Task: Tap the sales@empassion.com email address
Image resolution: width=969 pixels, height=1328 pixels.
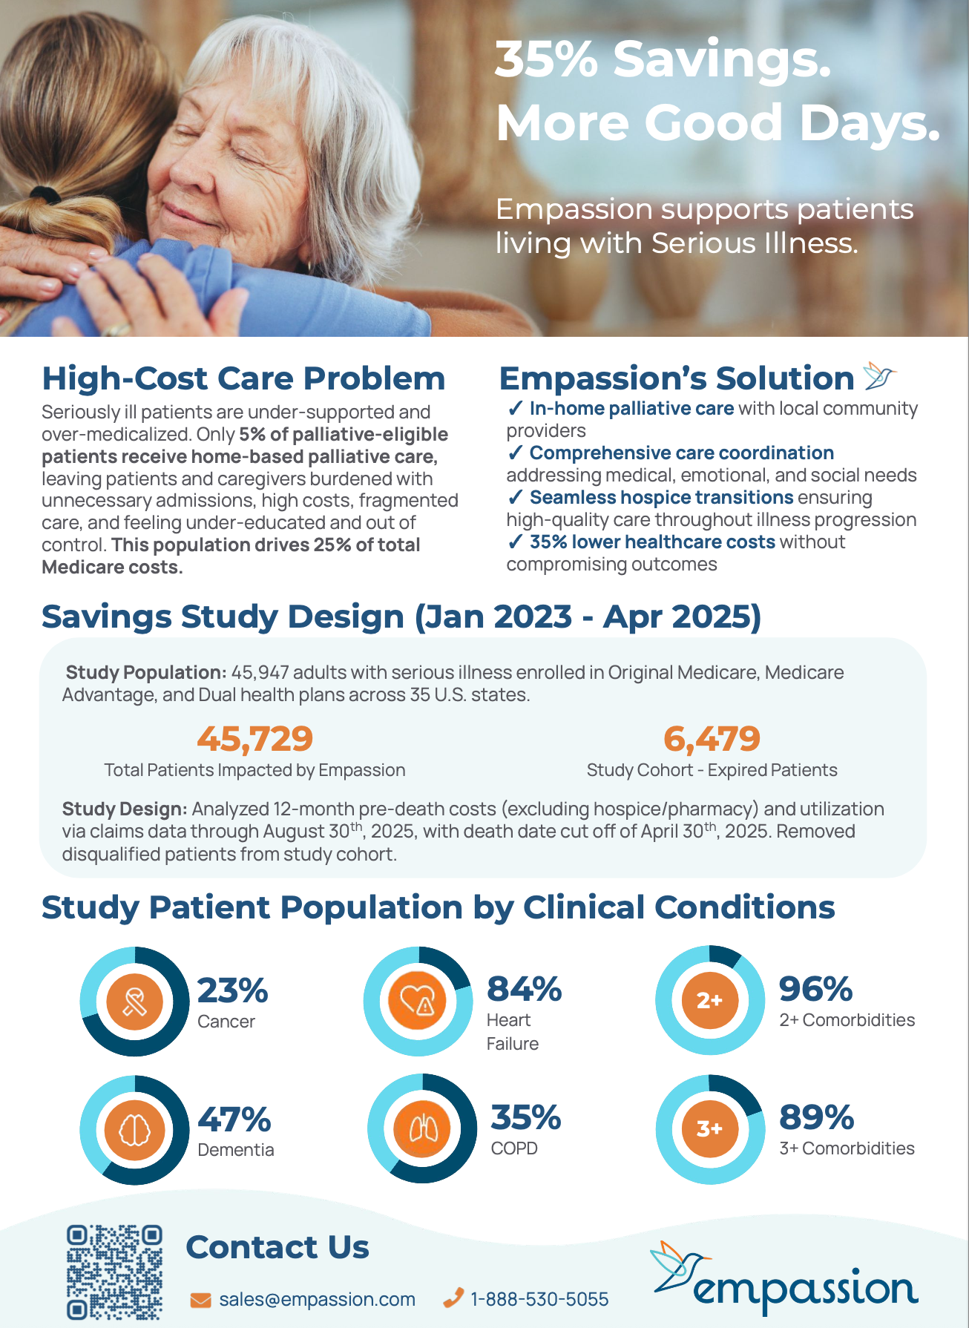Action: click(317, 1299)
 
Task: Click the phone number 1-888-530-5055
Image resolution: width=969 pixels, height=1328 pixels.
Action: click(539, 1299)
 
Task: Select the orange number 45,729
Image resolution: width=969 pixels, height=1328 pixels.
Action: click(254, 738)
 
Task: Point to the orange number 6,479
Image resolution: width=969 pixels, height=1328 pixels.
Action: click(712, 738)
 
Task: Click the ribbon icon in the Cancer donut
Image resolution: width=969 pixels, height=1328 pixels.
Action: click(134, 1002)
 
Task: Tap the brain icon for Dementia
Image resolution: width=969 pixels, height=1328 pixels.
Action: click(134, 1131)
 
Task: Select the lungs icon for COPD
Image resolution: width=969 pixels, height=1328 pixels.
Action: click(423, 1130)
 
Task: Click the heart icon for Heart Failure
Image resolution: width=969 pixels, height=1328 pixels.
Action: click(418, 1001)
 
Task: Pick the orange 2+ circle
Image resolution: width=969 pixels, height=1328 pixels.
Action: click(709, 1000)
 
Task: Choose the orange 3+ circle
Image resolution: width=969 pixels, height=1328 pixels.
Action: click(709, 1128)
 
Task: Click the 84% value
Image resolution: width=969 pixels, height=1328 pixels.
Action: click(524, 989)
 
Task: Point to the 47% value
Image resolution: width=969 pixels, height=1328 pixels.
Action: click(234, 1120)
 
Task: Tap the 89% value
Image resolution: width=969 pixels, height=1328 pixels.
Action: click(816, 1117)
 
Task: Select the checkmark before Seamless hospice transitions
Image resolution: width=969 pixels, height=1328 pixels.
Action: click(516, 497)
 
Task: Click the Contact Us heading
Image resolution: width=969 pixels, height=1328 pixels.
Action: click(277, 1247)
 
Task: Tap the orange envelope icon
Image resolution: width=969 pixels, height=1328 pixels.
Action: click(200, 1300)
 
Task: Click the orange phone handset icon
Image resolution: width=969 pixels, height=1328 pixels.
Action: click(453, 1298)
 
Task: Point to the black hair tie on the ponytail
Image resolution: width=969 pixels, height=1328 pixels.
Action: click(46, 195)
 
